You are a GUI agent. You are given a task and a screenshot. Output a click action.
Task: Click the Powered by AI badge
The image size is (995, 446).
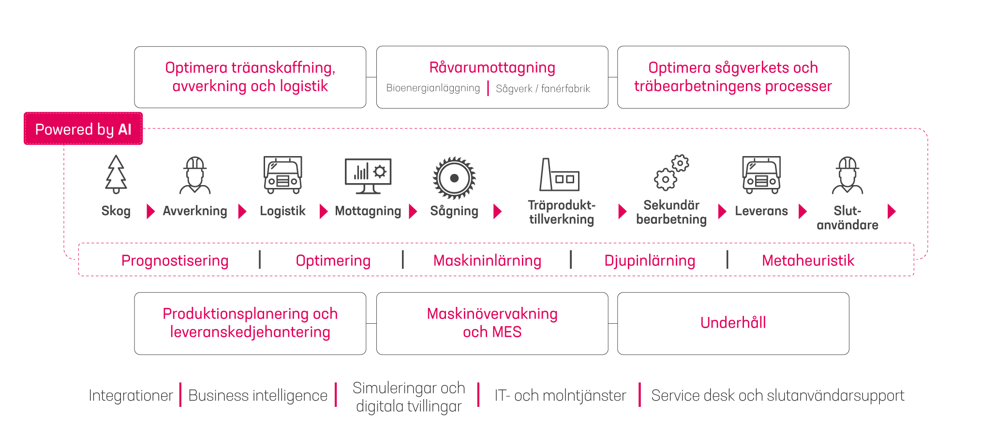(83, 129)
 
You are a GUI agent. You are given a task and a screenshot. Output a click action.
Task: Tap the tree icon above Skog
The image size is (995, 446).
(116, 174)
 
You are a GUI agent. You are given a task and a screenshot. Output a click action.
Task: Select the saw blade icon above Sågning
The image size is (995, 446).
(454, 178)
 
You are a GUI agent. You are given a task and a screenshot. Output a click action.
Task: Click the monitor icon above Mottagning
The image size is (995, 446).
(368, 176)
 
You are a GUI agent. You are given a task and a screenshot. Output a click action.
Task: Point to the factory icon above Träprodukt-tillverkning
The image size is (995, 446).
(559, 175)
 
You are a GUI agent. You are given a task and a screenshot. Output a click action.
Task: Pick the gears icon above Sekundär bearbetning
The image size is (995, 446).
(671, 173)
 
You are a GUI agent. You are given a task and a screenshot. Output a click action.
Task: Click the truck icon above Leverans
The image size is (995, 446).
(761, 175)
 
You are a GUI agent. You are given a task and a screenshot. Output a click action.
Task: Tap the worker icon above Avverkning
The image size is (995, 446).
(195, 175)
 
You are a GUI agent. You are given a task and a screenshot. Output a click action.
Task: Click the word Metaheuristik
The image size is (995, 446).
(808, 260)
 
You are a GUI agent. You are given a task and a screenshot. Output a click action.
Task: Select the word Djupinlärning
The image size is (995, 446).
(650, 260)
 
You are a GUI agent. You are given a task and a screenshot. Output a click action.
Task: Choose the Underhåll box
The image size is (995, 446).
(733, 323)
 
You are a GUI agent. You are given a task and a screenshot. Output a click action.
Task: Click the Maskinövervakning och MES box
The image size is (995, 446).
(492, 323)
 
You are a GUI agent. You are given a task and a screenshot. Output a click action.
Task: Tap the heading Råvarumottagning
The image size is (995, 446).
(492, 68)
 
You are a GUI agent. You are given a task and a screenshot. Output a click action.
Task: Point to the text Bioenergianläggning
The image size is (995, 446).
(433, 88)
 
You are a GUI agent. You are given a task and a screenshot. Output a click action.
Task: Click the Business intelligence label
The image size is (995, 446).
(258, 395)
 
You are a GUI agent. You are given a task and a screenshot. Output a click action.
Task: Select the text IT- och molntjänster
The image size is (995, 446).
(560, 395)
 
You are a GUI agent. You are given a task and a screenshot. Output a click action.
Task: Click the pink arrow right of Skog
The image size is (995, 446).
(150, 211)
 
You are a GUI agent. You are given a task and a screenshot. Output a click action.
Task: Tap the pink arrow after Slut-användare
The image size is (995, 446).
(892, 211)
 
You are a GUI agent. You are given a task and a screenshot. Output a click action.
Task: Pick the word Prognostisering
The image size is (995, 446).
(175, 260)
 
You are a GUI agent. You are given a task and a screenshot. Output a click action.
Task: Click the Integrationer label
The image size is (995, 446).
(131, 395)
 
